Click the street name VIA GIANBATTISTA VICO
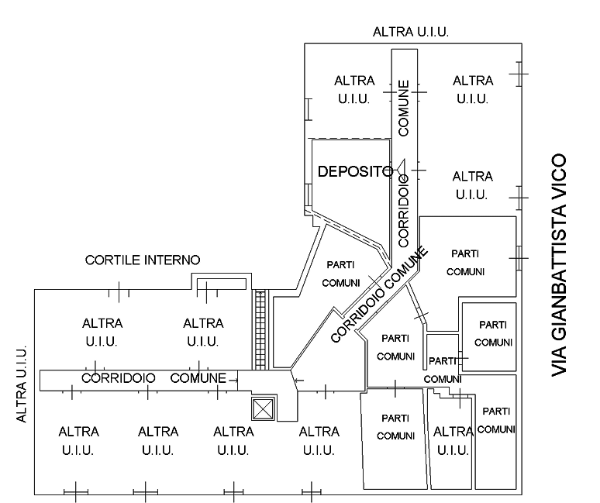tap(559, 266)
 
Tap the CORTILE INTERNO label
tap(143, 260)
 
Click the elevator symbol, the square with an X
tap(264, 408)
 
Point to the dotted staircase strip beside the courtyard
tap(262, 329)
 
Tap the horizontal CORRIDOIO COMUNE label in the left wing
tap(154, 378)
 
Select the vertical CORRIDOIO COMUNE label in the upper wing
tap(404, 163)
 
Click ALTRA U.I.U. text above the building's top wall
tap(410, 32)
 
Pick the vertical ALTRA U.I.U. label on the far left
tap(22, 384)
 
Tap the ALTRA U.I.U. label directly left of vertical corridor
tap(354, 90)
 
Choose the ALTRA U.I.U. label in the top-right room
tap(472, 90)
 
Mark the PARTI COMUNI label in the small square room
tap(493, 333)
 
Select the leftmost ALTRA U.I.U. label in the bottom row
tap(78, 440)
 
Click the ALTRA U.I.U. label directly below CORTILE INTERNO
tap(102, 332)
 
